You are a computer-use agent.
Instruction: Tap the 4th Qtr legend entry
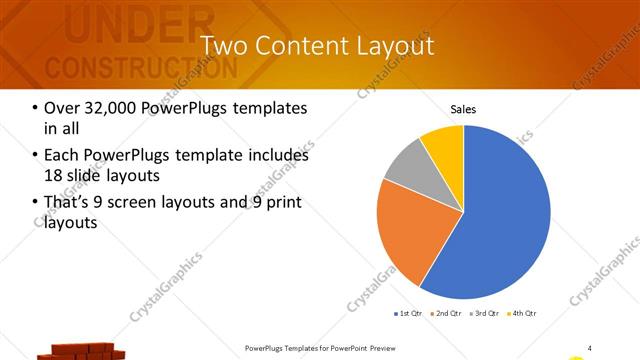(522, 314)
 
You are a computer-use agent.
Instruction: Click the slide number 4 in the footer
(590, 347)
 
